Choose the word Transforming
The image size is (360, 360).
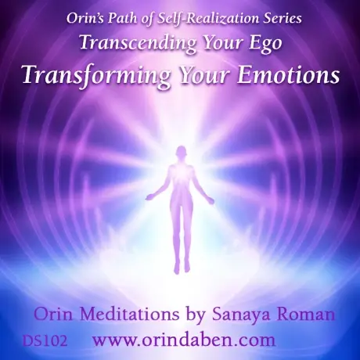pyautogui.click(x=96, y=75)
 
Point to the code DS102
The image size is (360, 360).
pyautogui.click(x=45, y=340)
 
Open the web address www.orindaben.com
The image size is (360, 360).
pyautogui.click(x=184, y=340)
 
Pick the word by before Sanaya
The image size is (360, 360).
pyautogui.click(x=196, y=315)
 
